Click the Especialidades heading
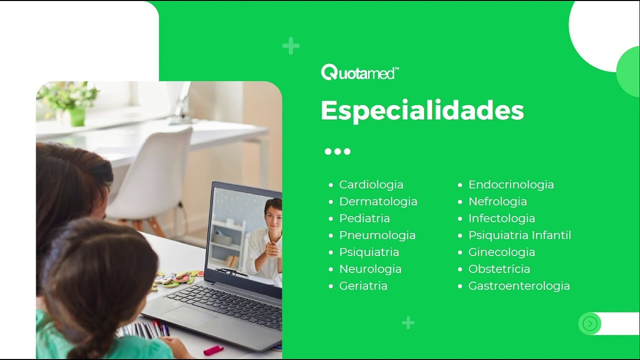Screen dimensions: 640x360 pyautogui.click(x=422, y=111)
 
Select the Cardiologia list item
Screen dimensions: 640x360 pyautogui.click(x=371, y=184)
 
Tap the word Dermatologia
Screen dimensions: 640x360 pyautogui.click(x=378, y=201)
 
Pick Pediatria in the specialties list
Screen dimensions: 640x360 pyautogui.click(x=364, y=218)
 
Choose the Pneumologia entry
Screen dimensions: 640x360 pyautogui.click(x=377, y=235)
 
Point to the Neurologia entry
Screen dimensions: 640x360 pyautogui.click(x=370, y=269)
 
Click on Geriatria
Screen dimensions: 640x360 pyautogui.click(x=363, y=286)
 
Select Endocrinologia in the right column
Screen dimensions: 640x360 pyautogui.click(x=511, y=184)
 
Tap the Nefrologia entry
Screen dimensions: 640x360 pyautogui.click(x=497, y=201)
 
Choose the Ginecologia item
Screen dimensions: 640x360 pyautogui.click(x=501, y=252)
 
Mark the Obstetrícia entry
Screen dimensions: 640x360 pyautogui.click(x=499, y=269)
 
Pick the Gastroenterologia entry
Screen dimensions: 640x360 pyautogui.click(x=519, y=286)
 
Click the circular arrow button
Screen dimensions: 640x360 pyautogui.click(x=589, y=323)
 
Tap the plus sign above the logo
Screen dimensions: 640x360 pyautogui.click(x=291, y=45)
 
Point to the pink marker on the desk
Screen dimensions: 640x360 pyautogui.click(x=213, y=350)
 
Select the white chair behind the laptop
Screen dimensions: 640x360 pyautogui.click(x=151, y=177)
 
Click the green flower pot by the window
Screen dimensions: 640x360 pyautogui.click(x=77, y=117)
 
